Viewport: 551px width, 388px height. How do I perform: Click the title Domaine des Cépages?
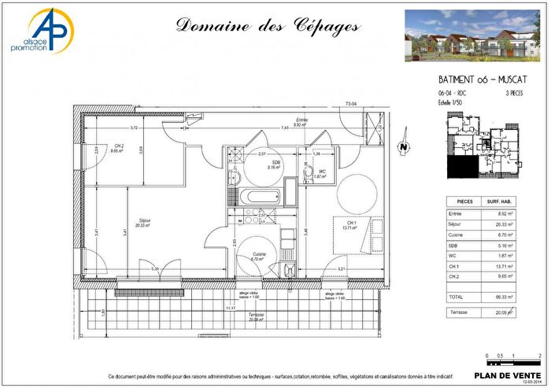click(268, 25)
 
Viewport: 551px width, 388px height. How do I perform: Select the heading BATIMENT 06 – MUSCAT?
click(482, 80)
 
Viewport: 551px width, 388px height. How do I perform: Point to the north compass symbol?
click(403, 146)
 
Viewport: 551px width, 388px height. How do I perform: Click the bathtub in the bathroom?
click(257, 195)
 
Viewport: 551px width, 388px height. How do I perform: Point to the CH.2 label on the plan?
click(118, 147)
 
